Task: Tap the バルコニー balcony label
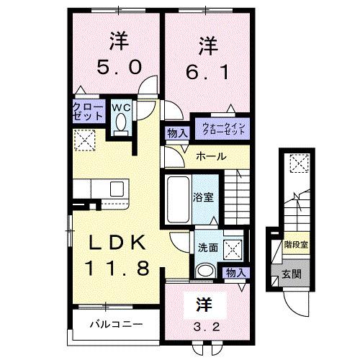[116, 323]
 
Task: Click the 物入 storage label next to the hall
[177, 132]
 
